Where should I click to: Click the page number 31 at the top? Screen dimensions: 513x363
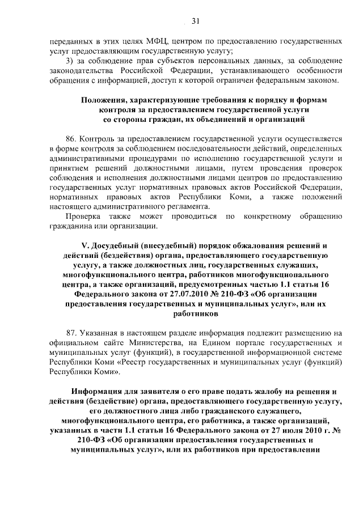pos(195,22)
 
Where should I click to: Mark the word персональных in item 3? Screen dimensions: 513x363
pos(200,61)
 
